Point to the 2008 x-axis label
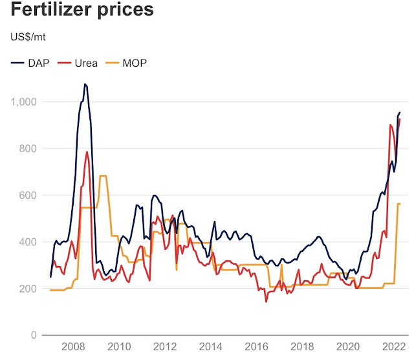(71, 347)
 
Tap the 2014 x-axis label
(210, 347)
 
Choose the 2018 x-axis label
(302, 347)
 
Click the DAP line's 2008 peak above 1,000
(85, 84)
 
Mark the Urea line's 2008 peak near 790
(87, 152)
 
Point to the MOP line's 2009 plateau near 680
(103, 176)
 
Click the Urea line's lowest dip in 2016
(266, 301)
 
